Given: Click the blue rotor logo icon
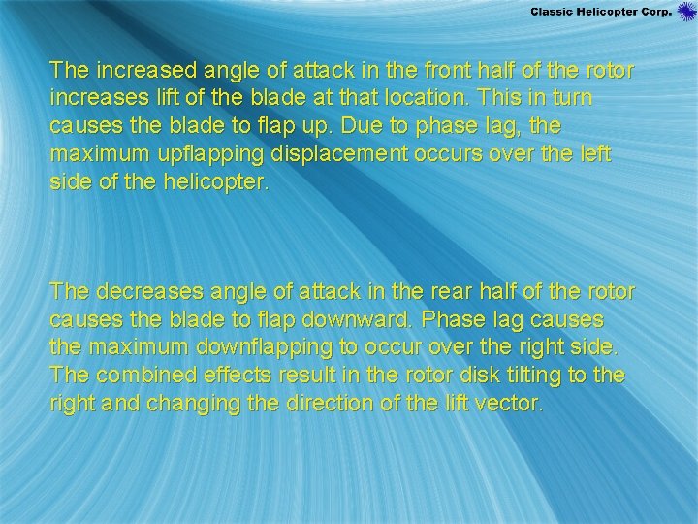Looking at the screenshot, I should coord(686,12).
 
